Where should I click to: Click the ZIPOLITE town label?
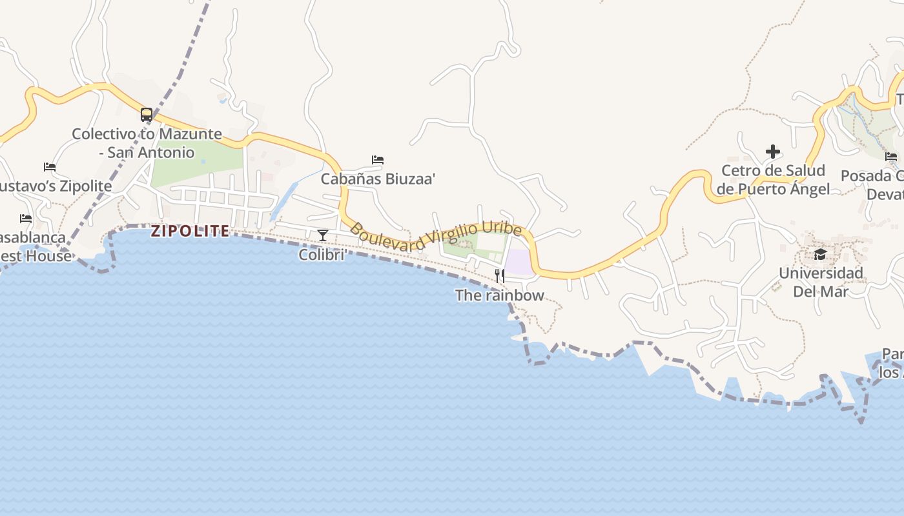point(190,231)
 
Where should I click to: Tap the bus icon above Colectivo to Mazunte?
point(147,115)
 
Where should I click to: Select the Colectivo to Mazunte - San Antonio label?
point(147,143)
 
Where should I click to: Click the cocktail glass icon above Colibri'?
point(323,235)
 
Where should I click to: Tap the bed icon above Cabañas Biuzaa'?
point(378,159)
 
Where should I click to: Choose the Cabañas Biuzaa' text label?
point(378,179)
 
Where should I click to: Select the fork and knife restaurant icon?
point(500,276)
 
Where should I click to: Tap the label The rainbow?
point(500,295)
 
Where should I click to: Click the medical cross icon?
point(773,152)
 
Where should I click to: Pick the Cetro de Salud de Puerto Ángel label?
point(773,180)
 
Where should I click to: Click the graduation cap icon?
point(820,254)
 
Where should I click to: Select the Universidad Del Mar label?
point(820,282)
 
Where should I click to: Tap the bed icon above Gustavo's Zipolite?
point(50,167)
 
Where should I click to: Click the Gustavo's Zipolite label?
point(56,186)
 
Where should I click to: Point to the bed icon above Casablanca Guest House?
point(26,219)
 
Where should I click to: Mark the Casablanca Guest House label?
point(35,246)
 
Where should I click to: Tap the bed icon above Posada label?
point(891,156)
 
